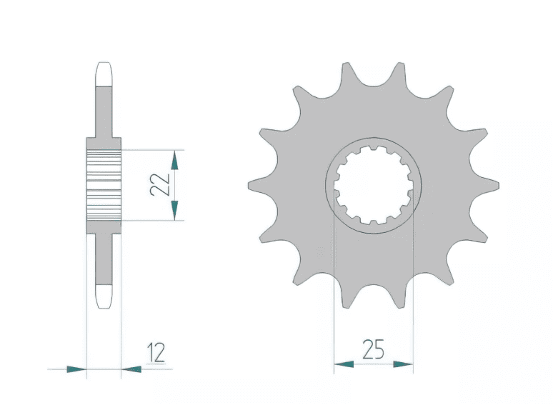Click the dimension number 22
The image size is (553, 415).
(160, 184)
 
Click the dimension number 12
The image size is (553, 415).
(156, 352)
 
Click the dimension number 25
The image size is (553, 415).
(373, 349)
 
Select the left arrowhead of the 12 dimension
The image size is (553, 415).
(76, 369)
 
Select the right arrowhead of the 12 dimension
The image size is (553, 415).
(131, 369)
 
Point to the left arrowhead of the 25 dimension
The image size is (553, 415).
(344, 364)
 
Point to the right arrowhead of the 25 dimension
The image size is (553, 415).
(403, 364)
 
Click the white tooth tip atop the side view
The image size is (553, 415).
(104, 74)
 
